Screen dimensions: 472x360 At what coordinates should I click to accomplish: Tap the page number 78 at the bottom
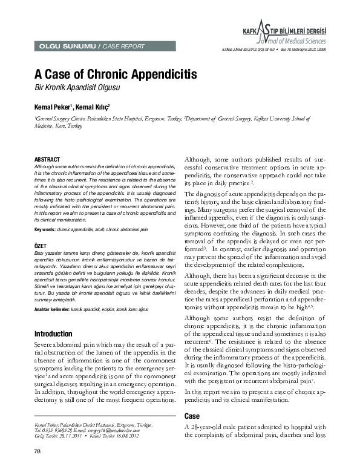pos(38,453)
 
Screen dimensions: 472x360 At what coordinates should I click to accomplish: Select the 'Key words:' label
pos(45,231)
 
